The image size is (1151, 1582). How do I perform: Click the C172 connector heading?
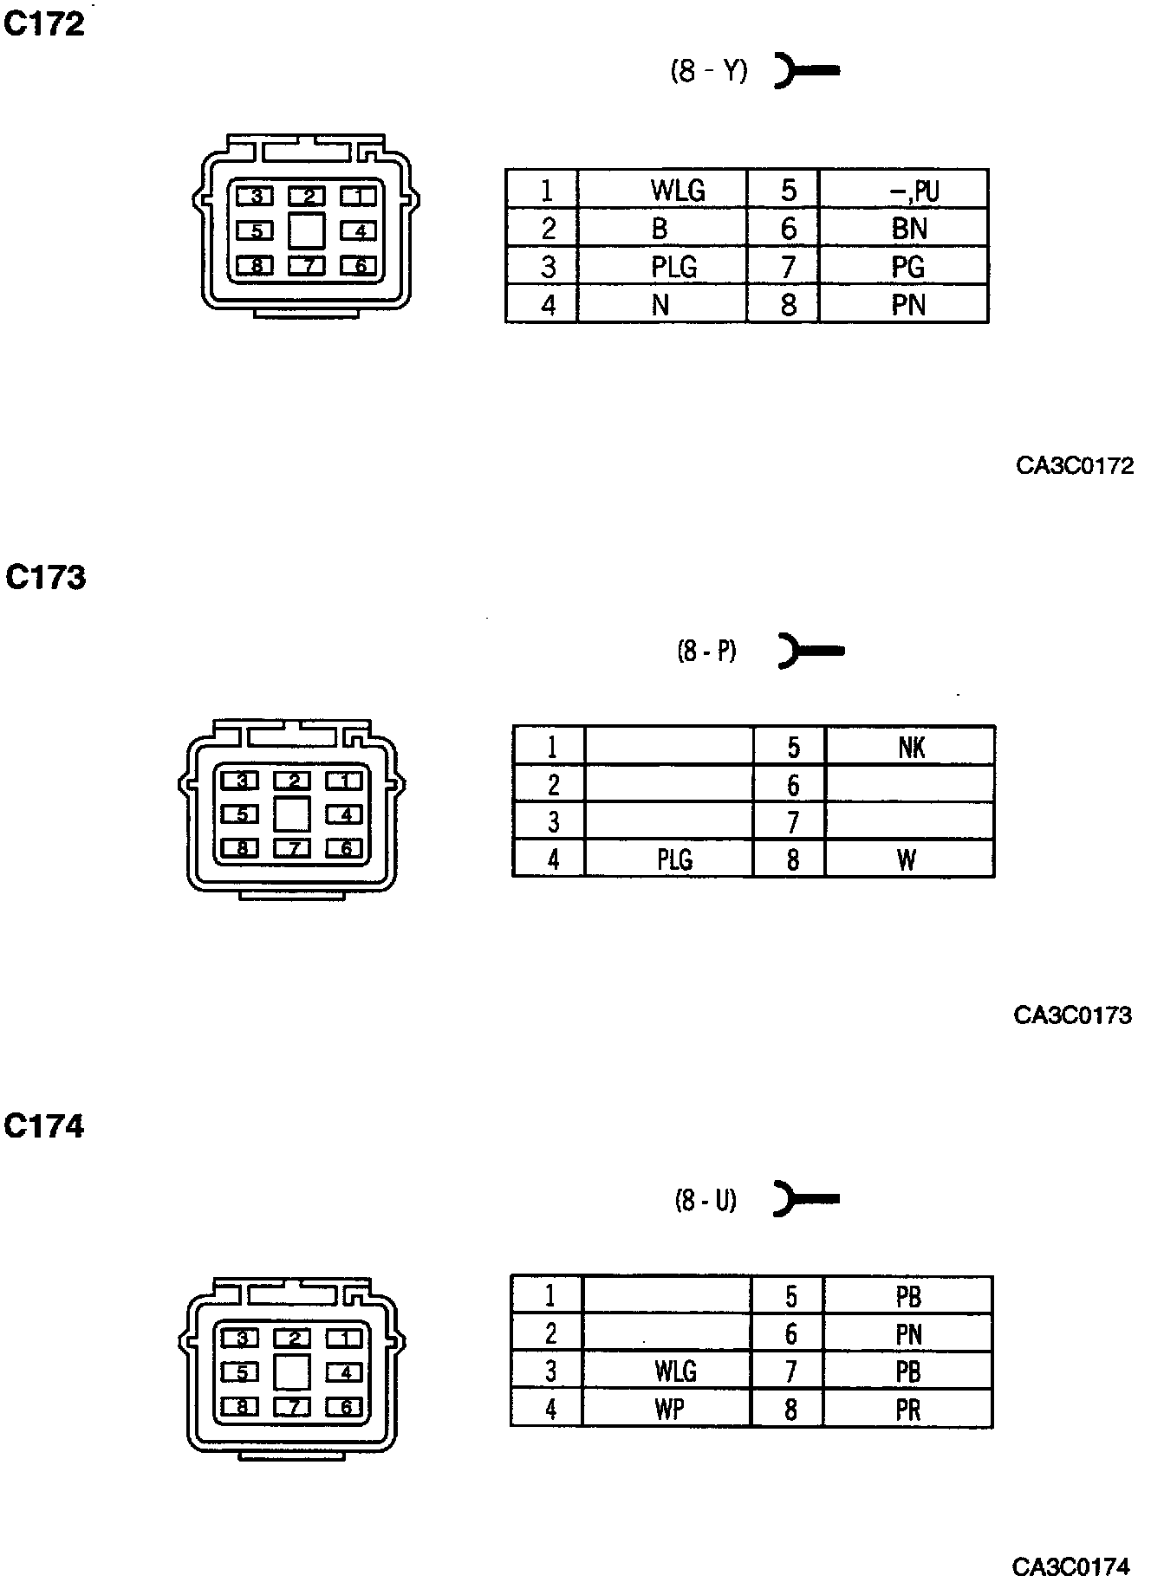pyautogui.click(x=44, y=24)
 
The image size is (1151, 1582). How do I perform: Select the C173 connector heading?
pyautogui.click(x=46, y=577)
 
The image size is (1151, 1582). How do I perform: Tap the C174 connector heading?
pyautogui.click(x=44, y=1126)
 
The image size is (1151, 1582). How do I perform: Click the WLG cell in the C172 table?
pyautogui.click(x=678, y=190)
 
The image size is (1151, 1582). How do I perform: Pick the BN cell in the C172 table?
pyautogui.click(x=908, y=228)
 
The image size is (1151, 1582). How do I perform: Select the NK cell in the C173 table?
pyautogui.click(x=911, y=747)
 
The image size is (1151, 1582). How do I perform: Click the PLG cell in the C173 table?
pyautogui.click(x=674, y=859)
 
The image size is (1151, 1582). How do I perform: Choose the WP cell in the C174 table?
pyautogui.click(x=669, y=1410)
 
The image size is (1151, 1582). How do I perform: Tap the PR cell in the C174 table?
pyautogui.click(x=907, y=1410)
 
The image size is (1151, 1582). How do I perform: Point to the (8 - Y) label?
pyautogui.click(x=708, y=71)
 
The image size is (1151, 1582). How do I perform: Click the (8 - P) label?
pyautogui.click(x=706, y=650)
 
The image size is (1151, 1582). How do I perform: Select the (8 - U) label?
pyautogui.click(x=706, y=1200)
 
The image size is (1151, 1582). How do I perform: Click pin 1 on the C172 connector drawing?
pyautogui.click(x=356, y=197)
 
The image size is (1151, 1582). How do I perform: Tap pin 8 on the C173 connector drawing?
pyautogui.click(x=242, y=848)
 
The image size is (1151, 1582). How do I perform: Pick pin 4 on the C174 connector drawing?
pyautogui.click(x=345, y=1372)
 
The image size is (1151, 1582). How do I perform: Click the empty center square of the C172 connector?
pyautogui.click(x=307, y=230)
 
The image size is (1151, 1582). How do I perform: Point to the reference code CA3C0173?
pyautogui.click(x=1072, y=1015)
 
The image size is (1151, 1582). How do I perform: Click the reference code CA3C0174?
pyautogui.click(x=1070, y=1566)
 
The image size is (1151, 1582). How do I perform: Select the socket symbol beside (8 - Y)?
pyautogui.click(x=805, y=71)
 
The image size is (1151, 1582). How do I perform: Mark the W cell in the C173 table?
pyautogui.click(x=907, y=859)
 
